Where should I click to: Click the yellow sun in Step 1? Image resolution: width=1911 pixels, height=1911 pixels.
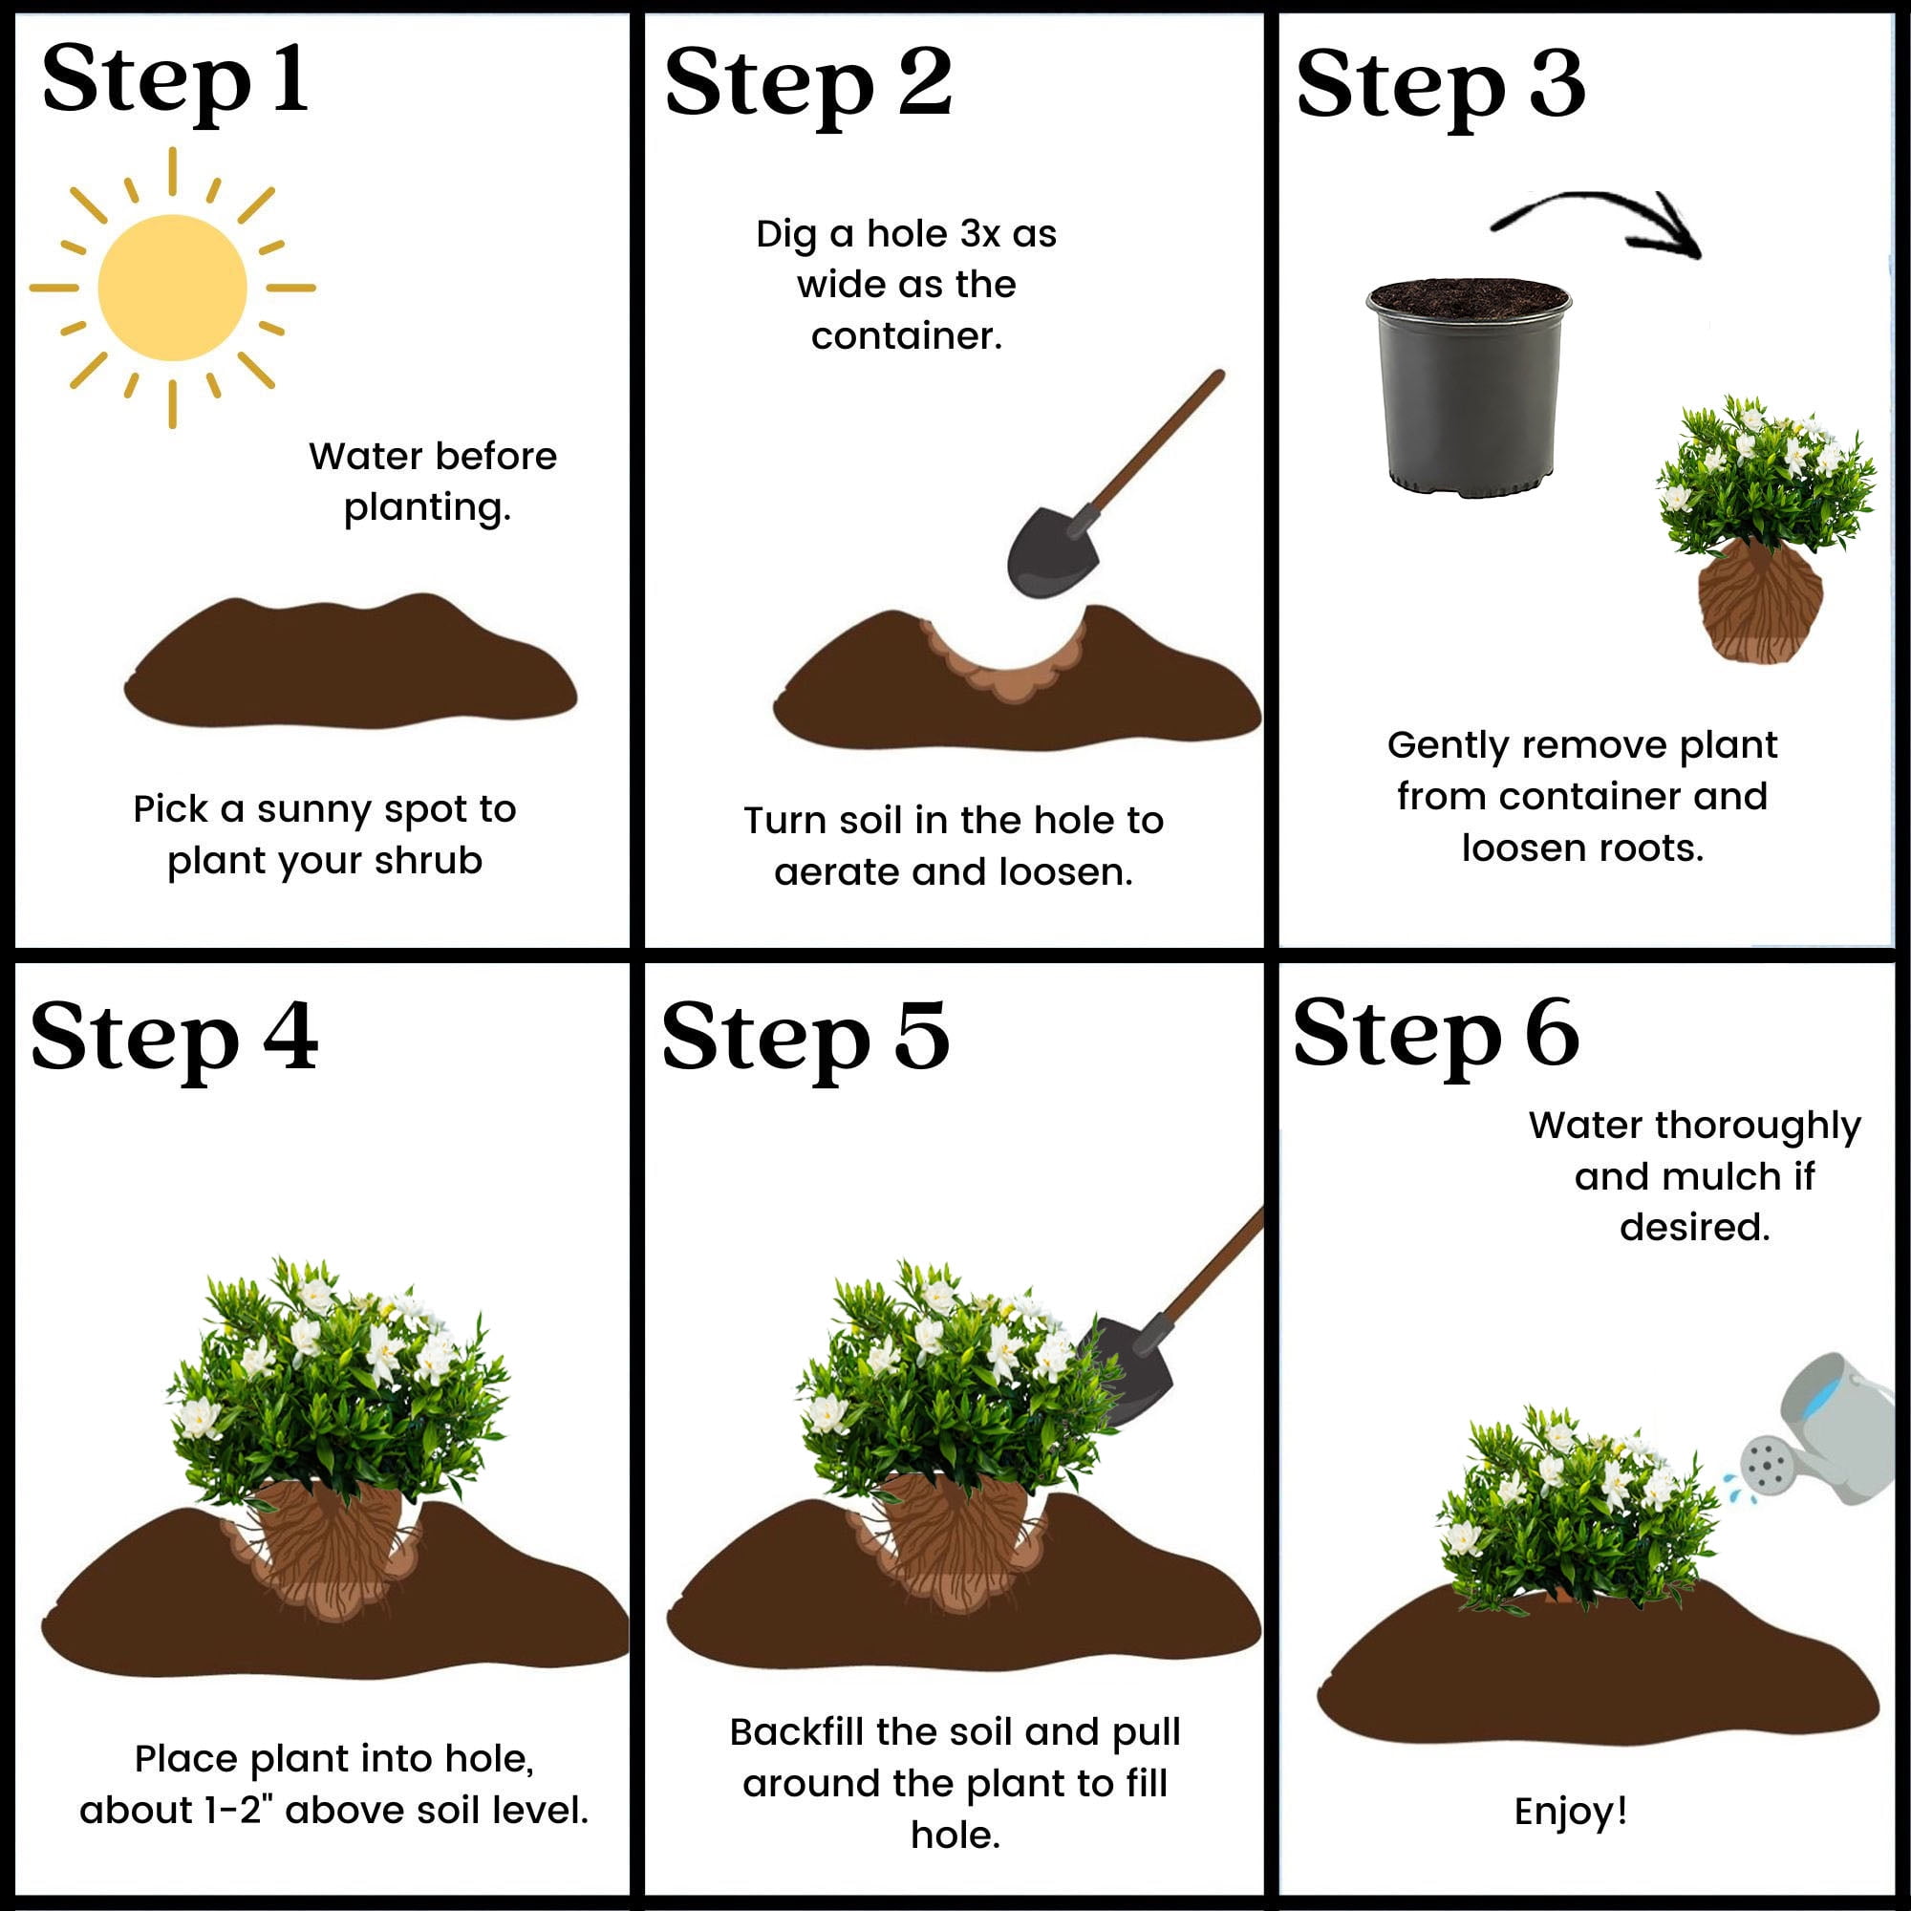point(172,288)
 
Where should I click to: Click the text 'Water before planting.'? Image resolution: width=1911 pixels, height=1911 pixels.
point(432,482)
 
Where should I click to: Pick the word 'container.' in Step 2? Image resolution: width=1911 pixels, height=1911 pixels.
point(906,336)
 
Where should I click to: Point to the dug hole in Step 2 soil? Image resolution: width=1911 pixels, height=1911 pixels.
point(1005,657)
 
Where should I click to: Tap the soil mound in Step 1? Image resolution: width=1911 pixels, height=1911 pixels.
point(350,662)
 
